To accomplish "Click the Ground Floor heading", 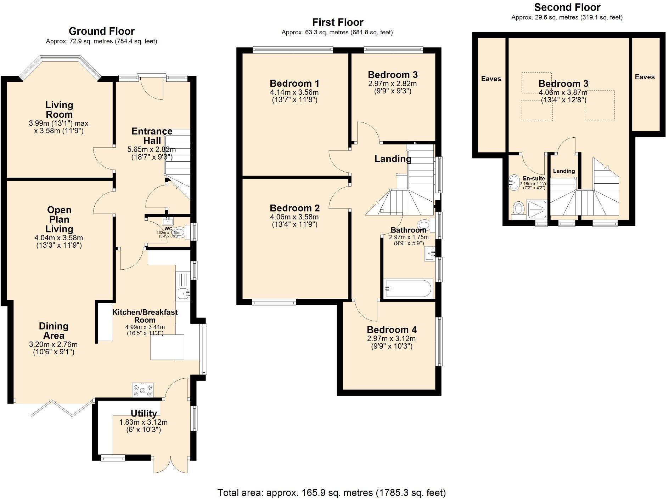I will coord(102,31).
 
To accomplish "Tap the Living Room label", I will coord(59,110).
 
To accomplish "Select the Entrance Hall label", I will coord(152,136).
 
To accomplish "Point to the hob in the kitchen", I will coord(143,390).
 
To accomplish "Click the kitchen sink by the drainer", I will coord(183,293).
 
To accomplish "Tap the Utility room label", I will coord(144,413).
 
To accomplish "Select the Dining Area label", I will coord(54,331).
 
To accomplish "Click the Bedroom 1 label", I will coord(294,84).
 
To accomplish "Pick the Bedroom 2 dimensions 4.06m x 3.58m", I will coord(294,217).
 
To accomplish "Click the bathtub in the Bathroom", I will coord(408,288).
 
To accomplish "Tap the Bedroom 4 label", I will coord(392,330).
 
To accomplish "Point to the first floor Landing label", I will coord(393,159).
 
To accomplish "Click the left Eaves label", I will coord(491,79).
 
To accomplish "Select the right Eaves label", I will coord(645,77).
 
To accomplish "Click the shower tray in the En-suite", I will coord(537,209).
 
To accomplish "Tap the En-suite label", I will coord(534,178).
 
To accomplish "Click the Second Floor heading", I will coord(567,7).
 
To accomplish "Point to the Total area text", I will coord(331,493).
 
